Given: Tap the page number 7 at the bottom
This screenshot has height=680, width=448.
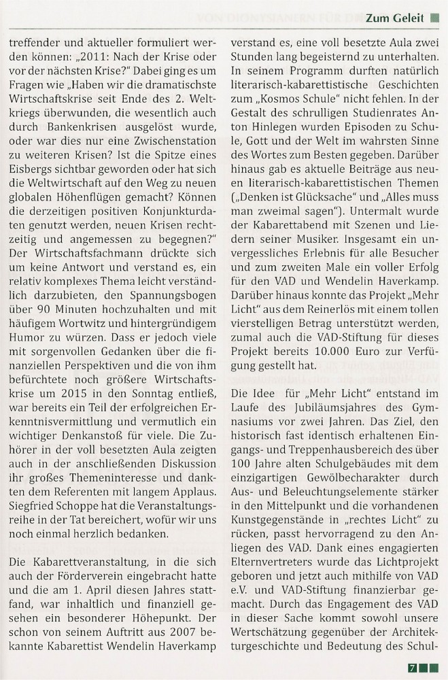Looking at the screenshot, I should [413, 668].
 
